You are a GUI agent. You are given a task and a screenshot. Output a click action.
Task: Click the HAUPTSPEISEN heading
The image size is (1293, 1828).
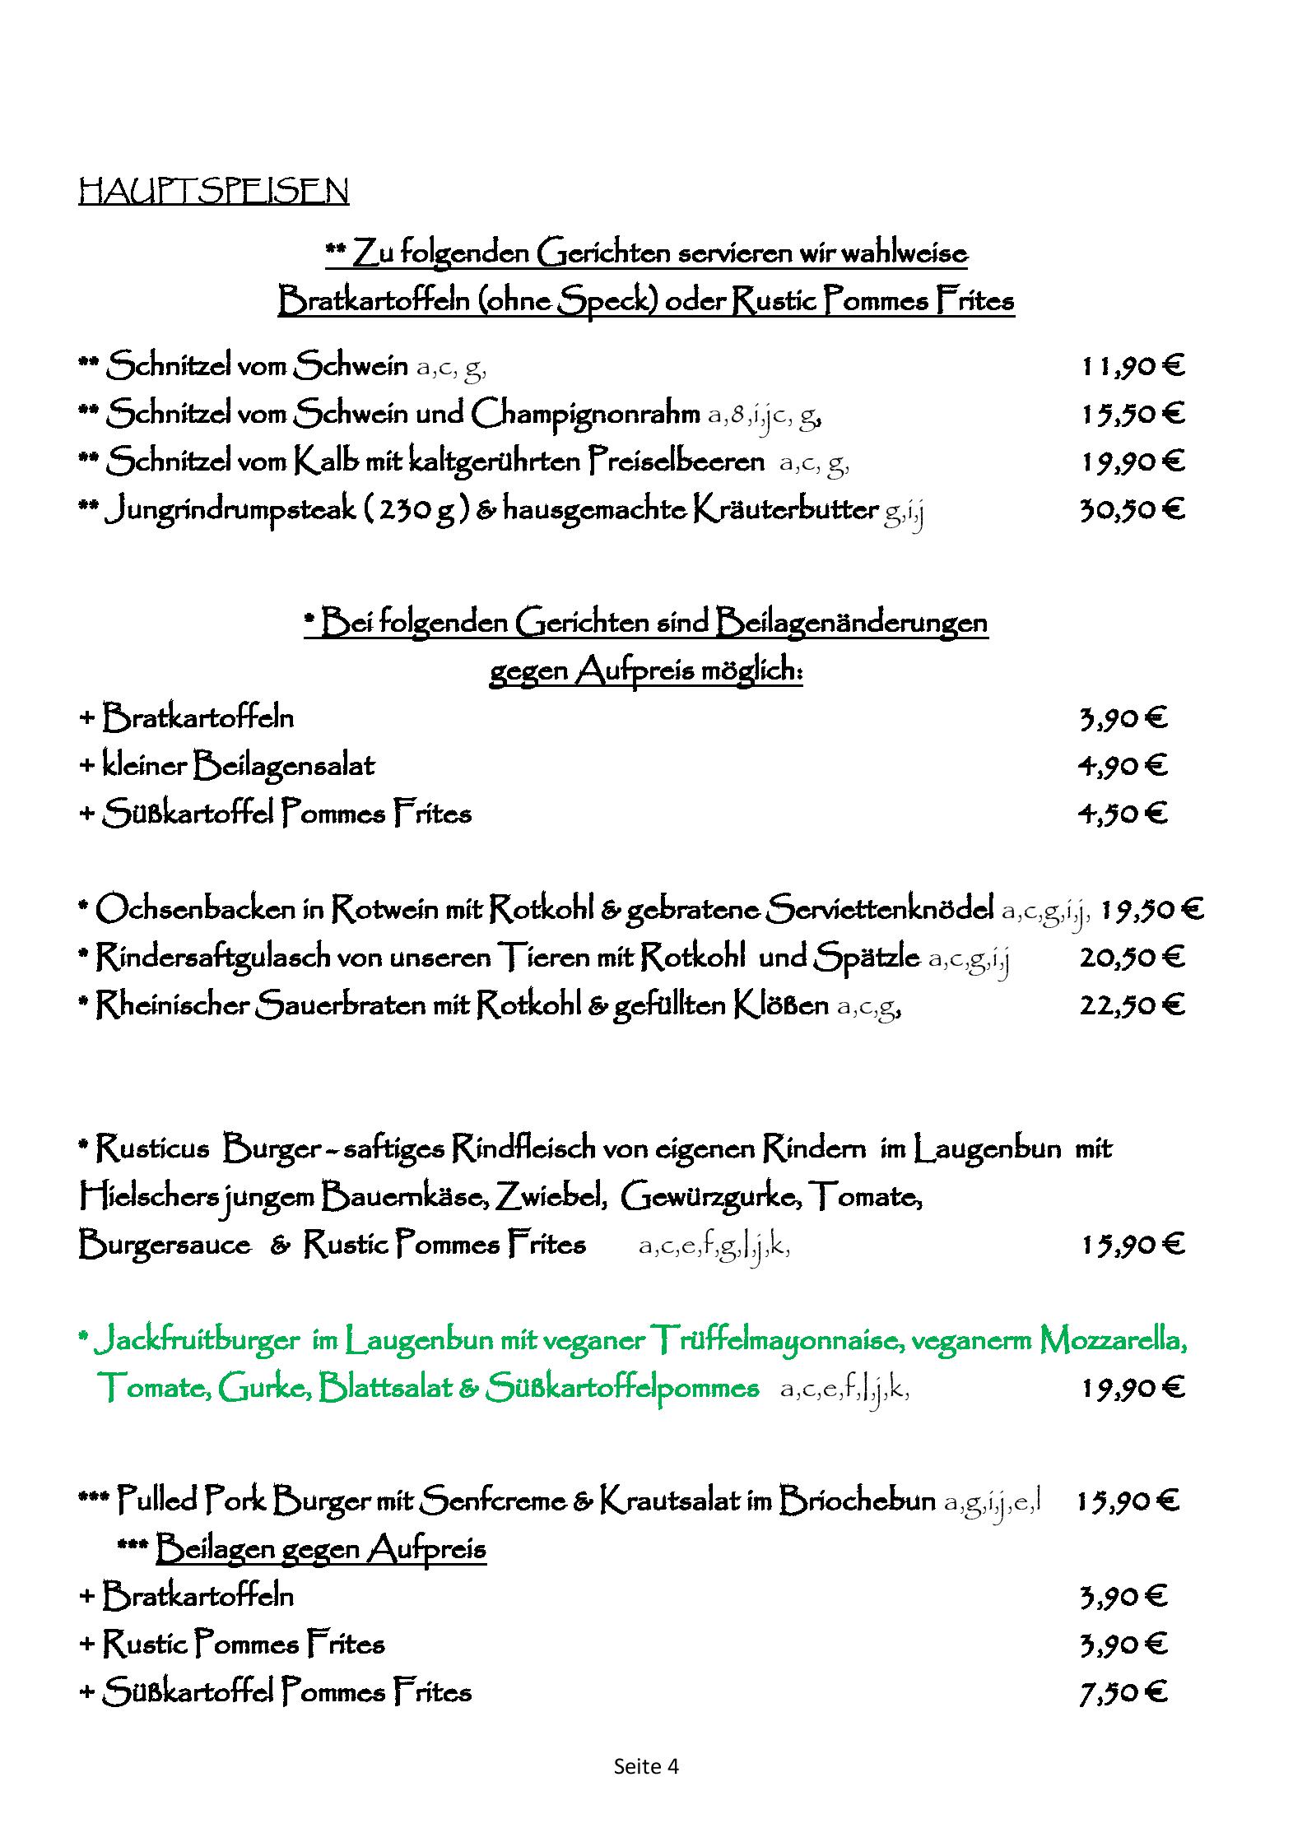(213, 191)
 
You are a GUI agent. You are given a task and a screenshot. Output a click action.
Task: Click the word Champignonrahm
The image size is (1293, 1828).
(585, 414)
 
